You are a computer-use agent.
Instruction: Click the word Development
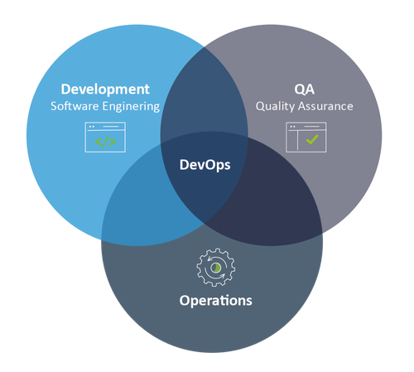105,89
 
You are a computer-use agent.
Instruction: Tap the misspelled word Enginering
131,107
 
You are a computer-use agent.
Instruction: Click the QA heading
305,89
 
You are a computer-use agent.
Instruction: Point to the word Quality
275,107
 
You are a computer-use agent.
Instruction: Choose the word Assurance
325,106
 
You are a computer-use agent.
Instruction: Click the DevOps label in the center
205,165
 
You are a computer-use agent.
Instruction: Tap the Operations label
215,301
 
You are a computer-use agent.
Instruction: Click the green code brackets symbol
105,142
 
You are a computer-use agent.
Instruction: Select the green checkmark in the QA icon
312,139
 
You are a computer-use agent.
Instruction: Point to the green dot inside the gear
216,268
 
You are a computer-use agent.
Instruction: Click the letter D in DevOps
185,165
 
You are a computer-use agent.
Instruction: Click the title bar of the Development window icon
105,126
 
